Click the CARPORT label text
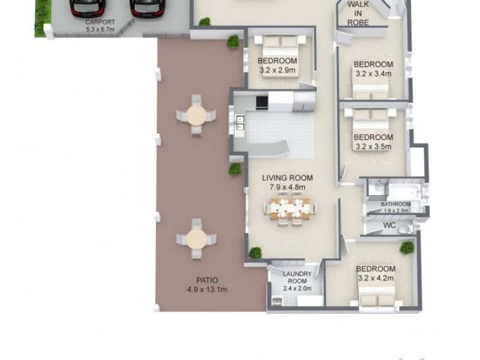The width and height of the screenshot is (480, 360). click(100, 25)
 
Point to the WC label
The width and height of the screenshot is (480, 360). click(389, 227)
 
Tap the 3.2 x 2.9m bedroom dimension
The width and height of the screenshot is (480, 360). click(277, 70)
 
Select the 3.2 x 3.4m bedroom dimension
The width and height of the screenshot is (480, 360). click(373, 74)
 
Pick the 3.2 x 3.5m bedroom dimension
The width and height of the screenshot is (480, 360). click(373, 146)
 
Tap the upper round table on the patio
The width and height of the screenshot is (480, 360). click(196, 115)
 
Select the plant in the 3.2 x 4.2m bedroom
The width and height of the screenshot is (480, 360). click(408, 247)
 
